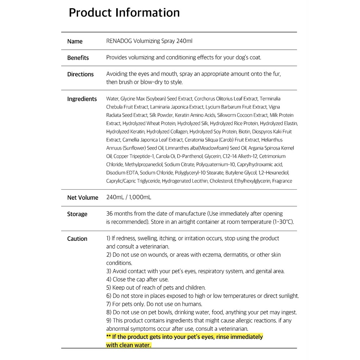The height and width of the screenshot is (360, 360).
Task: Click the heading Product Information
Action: [124, 13]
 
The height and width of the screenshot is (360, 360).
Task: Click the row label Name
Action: [75, 41]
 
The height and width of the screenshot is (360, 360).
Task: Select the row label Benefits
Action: [78, 58]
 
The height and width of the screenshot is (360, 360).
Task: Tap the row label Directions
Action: [80, 74]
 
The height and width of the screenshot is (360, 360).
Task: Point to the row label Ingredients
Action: [82, 99]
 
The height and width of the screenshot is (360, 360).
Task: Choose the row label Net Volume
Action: [82, 198]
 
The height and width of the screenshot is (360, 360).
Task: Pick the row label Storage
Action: [77, 214]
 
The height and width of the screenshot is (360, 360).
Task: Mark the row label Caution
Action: [77, 239]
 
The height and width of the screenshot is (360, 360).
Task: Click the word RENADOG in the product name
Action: [119, 41]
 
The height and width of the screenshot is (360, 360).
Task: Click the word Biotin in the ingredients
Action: [244, 132]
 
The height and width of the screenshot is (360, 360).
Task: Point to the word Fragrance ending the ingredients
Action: [282, 181]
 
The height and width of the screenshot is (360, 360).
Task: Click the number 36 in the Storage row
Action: [110, 214]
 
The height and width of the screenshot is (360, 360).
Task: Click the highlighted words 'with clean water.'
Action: [129, 345]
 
